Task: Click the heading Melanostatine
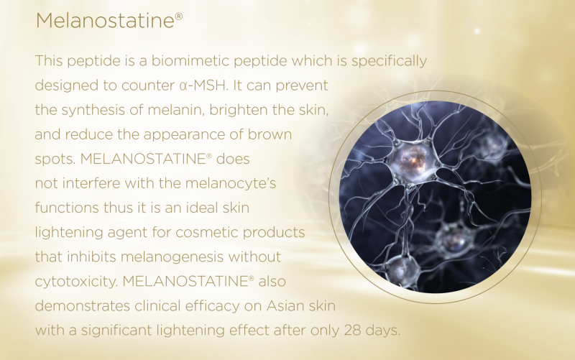click(109, 20)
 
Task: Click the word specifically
click(389, 62)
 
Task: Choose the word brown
click(270, 134)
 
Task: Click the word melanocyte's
click(231, 183)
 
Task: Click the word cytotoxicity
click(76, 282)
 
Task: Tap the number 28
click(352, 331)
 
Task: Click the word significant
click(116, 331)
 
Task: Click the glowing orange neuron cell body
click(412, 162)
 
